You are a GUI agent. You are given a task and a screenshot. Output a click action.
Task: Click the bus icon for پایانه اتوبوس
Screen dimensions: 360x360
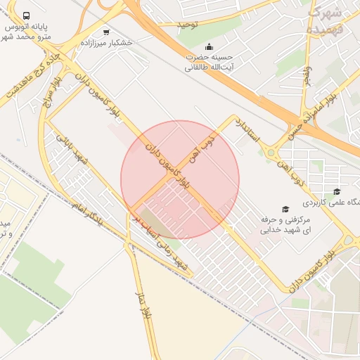pos(27,15)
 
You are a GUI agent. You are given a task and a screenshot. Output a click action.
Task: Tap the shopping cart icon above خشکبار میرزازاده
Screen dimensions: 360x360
pos(106,32)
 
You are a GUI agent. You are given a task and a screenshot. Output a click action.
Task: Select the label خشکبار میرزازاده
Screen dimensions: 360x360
pos(106,42)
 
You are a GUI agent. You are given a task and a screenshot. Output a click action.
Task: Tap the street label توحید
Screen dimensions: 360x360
pos(188,25)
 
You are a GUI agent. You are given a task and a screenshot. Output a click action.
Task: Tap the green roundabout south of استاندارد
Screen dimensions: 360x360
pos(271,151)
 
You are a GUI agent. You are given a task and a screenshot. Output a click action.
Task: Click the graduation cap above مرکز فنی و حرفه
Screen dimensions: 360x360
pos(285,209)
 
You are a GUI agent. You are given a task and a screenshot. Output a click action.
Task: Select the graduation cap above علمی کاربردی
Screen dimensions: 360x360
pos(337,192)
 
